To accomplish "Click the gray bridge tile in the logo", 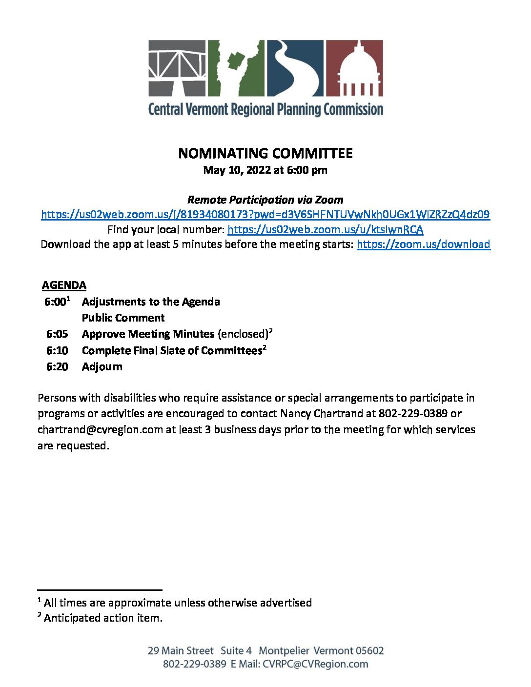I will pos(177,68).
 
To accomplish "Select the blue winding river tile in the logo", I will pos(294,68).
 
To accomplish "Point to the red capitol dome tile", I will pos(354,68).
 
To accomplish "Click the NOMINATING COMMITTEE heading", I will pos(265,153).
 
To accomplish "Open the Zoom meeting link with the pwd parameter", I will pos(265,214).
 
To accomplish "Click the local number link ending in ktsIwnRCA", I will pos(325,229).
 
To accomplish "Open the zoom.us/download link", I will pos(423,244).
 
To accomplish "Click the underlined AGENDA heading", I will pos(64,285).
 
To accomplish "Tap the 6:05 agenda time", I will pos(57,334).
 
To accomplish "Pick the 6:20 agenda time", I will pos(57,367).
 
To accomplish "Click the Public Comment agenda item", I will pos(123,318).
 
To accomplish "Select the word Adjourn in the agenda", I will pos(102,367).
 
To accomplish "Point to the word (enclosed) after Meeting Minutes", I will pos(243,334).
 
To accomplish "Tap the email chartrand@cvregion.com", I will pos(100,430).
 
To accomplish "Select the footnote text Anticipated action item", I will pos(103,618).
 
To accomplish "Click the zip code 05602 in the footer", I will pos(369,651).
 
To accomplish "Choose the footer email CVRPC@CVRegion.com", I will pos(315,664).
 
